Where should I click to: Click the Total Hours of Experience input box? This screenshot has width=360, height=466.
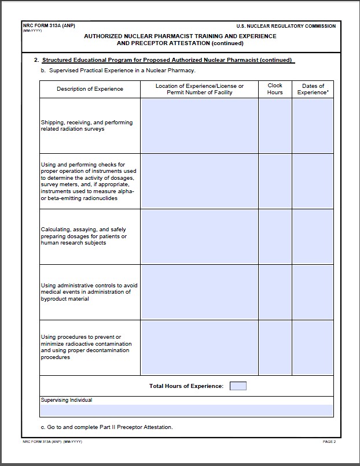238,386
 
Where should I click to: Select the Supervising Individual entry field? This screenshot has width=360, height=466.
186,410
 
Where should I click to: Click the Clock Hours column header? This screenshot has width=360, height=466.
275,89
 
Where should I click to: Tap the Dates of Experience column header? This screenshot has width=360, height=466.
313,89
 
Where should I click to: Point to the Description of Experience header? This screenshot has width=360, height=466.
90,89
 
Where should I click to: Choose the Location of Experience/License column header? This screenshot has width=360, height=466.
199,89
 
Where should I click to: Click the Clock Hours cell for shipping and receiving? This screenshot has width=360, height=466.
275,125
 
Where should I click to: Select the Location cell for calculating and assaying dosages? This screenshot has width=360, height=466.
199,236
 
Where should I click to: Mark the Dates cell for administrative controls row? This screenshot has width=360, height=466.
313,292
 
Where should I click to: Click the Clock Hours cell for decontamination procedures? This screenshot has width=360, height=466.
275,347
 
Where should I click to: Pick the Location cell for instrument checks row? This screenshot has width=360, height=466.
199,181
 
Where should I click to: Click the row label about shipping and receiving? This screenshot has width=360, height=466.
87,125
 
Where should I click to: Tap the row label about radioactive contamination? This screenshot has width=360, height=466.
86,347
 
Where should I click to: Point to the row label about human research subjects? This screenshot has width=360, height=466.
83,236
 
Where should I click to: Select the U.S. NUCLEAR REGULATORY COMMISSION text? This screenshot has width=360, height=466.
286,27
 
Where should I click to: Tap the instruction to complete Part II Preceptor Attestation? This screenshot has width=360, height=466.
106,427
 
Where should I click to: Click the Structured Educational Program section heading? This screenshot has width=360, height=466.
168,60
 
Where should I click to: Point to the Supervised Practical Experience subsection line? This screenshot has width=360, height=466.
118,71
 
